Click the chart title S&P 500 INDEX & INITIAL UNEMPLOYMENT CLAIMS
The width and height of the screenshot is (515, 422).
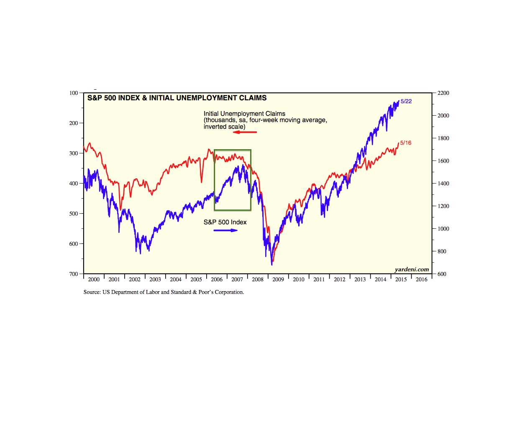click(177, 98)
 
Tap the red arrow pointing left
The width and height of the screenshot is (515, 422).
click(245, 132)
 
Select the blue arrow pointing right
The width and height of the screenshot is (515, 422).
click(225, 230)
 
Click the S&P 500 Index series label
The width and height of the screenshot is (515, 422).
click(225, 222)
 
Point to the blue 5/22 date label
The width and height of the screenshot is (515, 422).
click(406, 101)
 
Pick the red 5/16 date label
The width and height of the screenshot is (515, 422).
click(406, 143)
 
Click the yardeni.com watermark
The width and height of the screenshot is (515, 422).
click(412, 269)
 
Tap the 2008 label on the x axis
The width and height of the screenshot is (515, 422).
click(258, 280)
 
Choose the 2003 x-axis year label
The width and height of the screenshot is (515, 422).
click(155, 280)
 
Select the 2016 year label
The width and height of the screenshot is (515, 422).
click(421, 280)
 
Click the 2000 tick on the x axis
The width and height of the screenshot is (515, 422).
click(94, 280)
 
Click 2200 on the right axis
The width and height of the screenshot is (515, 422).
click(443, 93)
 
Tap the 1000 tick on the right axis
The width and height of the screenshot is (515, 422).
click(443, 229)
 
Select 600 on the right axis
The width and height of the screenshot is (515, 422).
click(442, 274)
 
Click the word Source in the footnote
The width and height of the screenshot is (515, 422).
click(92, 292)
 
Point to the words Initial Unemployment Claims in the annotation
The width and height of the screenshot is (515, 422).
click(244, 114)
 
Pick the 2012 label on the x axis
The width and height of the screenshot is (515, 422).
click(340, 280)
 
